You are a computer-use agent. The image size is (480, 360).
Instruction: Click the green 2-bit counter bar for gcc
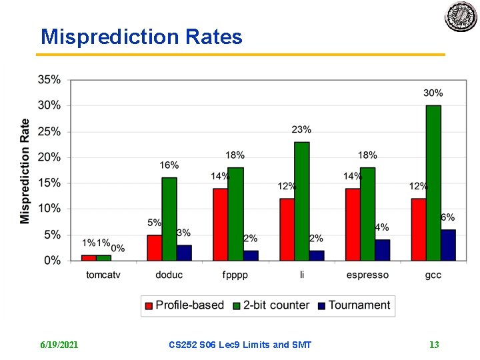[x=433, y=183]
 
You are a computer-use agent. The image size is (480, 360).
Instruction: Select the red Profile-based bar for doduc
[x=155, y=247]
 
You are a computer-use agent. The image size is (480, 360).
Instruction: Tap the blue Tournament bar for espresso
[x=382, y=250]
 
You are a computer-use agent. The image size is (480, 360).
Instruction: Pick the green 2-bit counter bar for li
[x=301, y=201]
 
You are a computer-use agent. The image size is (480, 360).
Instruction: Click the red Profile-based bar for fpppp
[x=220, y=224]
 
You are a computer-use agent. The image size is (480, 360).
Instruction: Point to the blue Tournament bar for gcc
[x=448, y=245]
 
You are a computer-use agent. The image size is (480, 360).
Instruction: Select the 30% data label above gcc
[x=433, y=93]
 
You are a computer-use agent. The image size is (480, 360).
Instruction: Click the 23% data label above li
[x=301, y=129]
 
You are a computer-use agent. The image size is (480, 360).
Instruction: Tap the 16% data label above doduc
[x=169, y=165]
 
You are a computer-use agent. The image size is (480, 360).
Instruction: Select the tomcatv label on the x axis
[x=103, y=275]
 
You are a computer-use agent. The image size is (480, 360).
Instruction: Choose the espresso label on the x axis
[x=367, y=275]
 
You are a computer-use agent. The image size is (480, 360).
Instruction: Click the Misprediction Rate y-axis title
[x=25, y=171]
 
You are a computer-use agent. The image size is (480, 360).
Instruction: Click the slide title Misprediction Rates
[x=141, y=37]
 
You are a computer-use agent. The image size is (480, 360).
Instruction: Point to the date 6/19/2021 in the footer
[x=59, y=345]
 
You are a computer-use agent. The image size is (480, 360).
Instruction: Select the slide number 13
[x=434, y=345]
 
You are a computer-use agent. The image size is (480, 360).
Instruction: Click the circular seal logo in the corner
[x=461, y=17]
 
